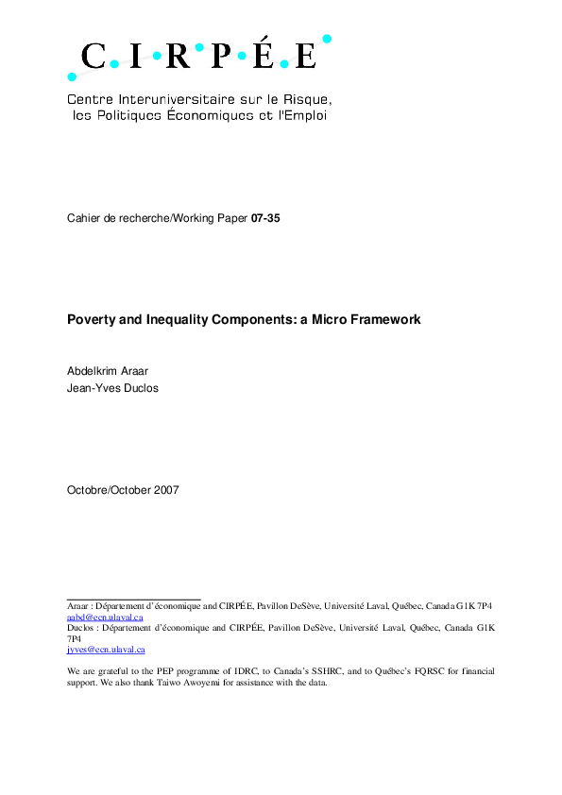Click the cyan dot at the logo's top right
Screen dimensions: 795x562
click(x=327, y=39)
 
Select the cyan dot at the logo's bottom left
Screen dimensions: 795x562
click(x=73, y=76)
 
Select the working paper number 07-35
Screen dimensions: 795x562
click(x=265, y=218)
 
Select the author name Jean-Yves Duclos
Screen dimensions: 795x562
click(x=112, y=388)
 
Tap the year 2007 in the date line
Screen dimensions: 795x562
click(x=163, y=490)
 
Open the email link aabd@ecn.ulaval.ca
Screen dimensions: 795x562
click(x=105, y=617)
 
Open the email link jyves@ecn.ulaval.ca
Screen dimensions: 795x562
click(x=106, y=650)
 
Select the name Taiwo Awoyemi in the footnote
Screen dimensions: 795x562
click(x=182, y=683)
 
